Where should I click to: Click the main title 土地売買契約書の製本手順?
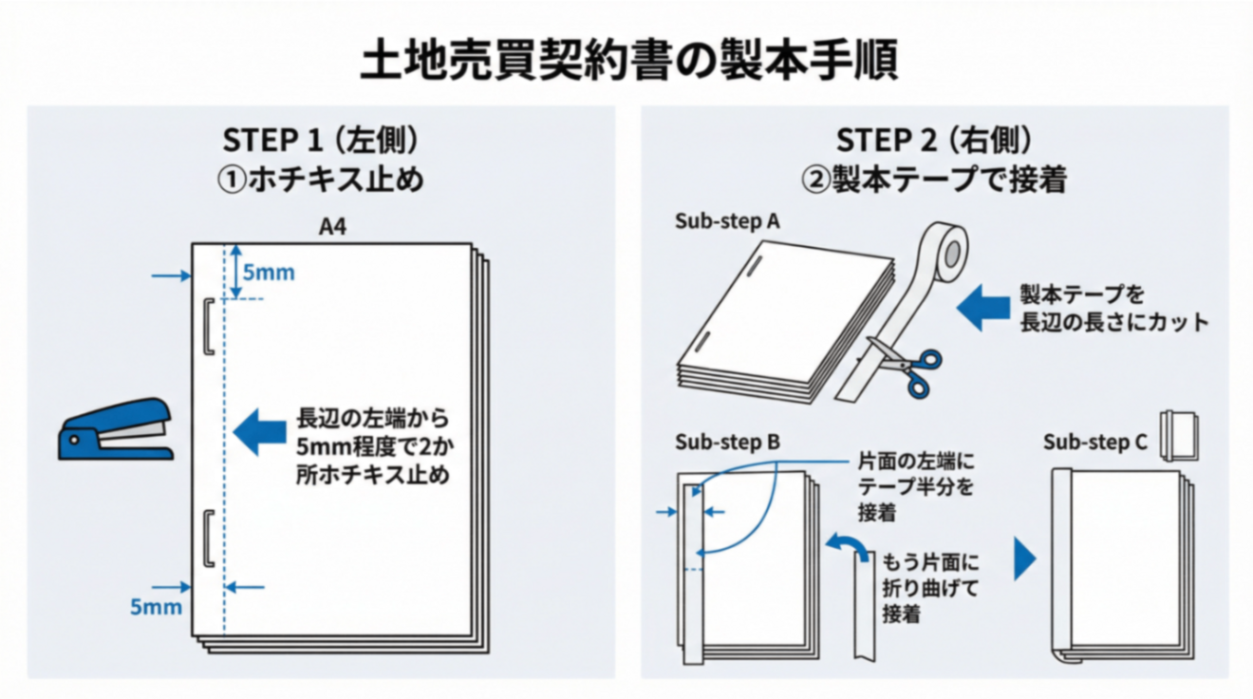click(x=627, y=63)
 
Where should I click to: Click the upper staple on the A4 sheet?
click(x=206, y=327)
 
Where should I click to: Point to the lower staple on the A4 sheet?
click(x=206, y=537)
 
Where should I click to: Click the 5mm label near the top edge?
click(x=269, y=274)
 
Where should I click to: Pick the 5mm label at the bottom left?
click(x=156, y=606)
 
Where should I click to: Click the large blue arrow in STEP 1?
click(x=260, y=432)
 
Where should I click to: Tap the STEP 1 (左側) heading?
click(x=320, y=141)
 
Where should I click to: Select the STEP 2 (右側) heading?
click(x=933, y=141)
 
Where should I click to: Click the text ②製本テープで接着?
click(x=934, y=179)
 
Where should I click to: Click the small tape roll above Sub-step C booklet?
click(x=1180, y=436)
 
